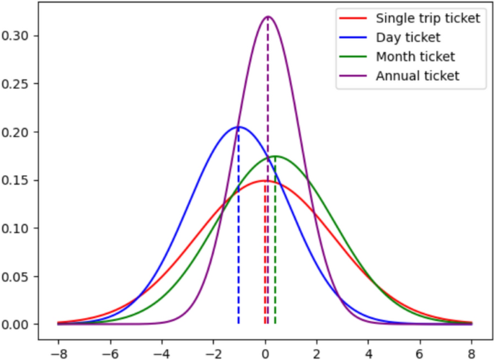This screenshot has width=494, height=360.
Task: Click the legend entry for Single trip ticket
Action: coord(428,18)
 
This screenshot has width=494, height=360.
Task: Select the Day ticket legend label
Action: coord(409,37)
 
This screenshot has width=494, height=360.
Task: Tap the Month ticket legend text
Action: coord(415,56)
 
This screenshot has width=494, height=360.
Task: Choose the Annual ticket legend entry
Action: coord(418,75)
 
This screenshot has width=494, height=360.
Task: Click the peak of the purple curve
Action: coord(268,17)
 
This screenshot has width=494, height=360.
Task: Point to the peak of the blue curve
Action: coord(239,127)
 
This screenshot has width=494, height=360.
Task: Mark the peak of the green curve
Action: coord(275,157)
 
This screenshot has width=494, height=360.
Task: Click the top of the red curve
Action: coord(265,181)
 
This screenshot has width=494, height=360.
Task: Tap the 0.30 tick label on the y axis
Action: coord(25,36)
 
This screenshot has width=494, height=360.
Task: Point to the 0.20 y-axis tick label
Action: coord(25,132)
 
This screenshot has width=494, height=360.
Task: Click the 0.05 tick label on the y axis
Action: coord(25,276)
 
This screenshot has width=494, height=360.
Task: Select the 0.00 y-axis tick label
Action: coord(25,325)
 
